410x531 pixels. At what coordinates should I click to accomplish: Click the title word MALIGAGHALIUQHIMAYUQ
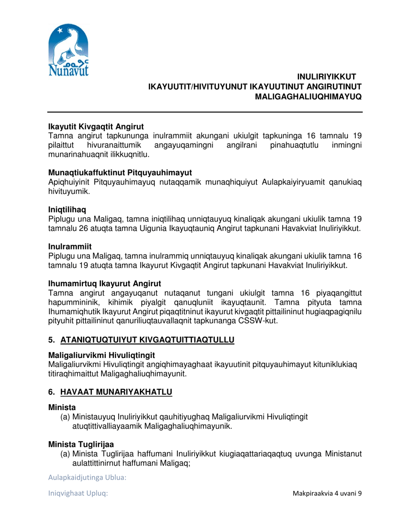(x=309, y=98)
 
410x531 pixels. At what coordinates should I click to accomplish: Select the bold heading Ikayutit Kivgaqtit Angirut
(x=95, y=127)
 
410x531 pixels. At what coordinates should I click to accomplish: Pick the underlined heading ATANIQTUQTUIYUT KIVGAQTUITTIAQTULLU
(x=147, y=341)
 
